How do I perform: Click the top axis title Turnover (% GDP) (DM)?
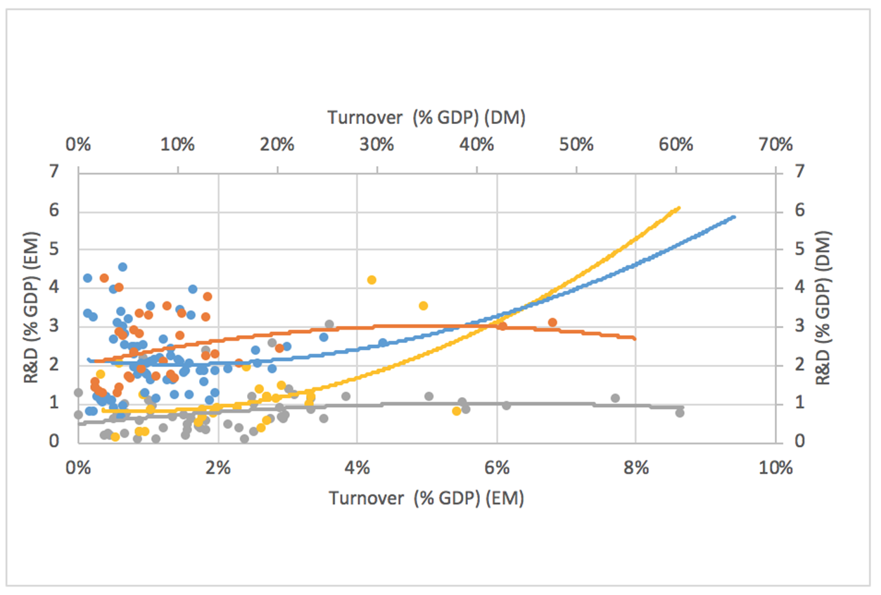pos(426,118)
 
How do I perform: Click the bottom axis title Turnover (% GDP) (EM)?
pos(426,498)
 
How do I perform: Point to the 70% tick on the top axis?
pos(775,145)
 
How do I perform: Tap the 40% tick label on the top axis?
pos(476,145)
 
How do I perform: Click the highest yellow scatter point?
pos(372,280)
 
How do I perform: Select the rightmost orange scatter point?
pos(552,322)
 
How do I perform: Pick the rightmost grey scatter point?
pos(680,413)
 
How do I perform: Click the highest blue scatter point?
pos(122,267)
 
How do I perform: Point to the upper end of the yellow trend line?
pos(678,208)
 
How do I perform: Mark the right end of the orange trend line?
pos(635,339)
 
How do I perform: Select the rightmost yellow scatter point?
pos(456,411)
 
